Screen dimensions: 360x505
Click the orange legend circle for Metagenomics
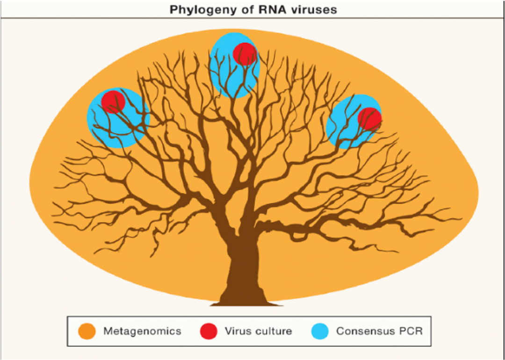[x=87, y=331]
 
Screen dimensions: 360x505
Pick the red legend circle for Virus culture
[x=209, y=331]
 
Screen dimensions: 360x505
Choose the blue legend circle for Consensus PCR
[x=320, y=331]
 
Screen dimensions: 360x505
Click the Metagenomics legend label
[x=142, y=331]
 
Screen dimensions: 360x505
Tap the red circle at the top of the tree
[x=245, y=54]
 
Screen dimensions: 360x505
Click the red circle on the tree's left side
[x=113, y=101]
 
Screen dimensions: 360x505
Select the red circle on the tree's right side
[x=370, y=119]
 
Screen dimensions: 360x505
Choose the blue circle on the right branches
[x=344, y=129]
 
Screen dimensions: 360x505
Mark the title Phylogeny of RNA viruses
[x=253, y=10]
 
